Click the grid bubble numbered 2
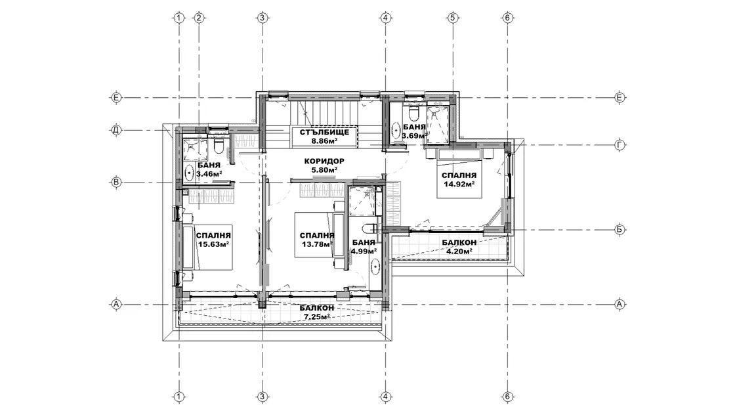click(x=199, y=18)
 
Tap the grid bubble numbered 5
click(x=452, y=18)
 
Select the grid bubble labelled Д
click(x=115, y=130)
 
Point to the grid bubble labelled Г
click(x=619, y=145)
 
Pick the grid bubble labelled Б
click(x=619, y=230)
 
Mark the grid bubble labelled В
click(x=115, y=183)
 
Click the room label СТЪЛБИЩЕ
click(x=324, y=132)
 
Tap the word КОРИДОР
click(x=324, y=162)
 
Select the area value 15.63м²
click(x=213, y=244)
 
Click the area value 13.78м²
click(x=317, y=244)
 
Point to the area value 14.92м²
click(x=459, y=184)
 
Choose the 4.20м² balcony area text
click(x=459, y=251)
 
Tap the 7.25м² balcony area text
click(x=317, y=317)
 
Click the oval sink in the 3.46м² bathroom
click(x=189, y=173)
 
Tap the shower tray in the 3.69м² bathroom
click(x=438, y=124)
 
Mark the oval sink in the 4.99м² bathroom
click(x=375, y=268)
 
